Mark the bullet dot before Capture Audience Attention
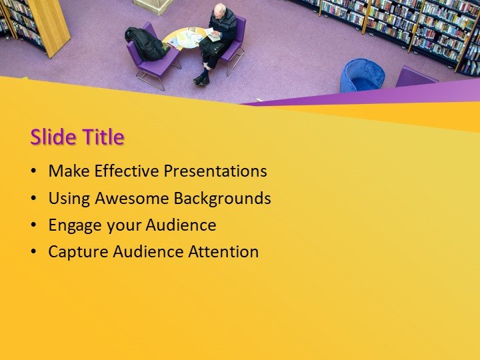pyautogui.click(x=34, y=253)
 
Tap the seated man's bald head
pyautogui.click(x=219, y=10)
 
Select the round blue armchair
pyautogui.click(x=361, y=75)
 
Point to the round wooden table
pyautogui.click(x=185, y=39)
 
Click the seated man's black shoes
pyautogui.click(x=201, y=79)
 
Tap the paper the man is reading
pyautogui.click(x=212, y=34)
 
